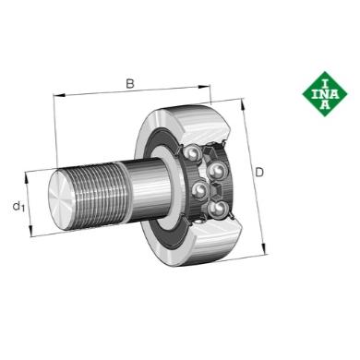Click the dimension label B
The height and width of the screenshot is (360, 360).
coord(130,83)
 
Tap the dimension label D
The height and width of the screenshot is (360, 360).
coord(259,173)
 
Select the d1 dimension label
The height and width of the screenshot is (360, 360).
coord(18,206)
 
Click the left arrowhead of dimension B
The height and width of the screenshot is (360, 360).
coord(59,95)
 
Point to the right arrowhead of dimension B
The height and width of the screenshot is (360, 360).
coord(205,87)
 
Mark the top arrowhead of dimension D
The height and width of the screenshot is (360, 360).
coord(243,104)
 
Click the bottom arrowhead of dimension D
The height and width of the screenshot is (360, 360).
coord(263,248)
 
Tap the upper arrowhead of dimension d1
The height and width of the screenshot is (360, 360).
coord(27,177)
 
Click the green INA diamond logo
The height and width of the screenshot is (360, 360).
coord(325,94)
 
